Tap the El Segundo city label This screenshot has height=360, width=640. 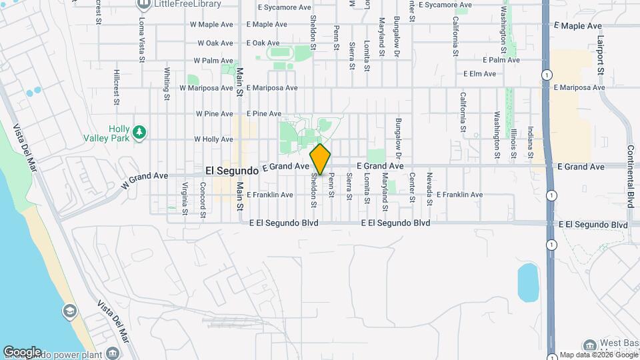(x=231, y=171)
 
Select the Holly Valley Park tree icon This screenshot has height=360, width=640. (x=139, y=133)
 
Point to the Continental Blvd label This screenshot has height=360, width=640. (x=629, y=177)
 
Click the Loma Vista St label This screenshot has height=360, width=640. (x=141, y=40)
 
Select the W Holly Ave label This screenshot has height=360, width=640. (x=213, y=139)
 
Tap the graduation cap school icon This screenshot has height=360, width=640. (x=69, y=311)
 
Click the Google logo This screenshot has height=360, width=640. (x=22, y=352)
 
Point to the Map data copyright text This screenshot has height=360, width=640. (x=598, y=354)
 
